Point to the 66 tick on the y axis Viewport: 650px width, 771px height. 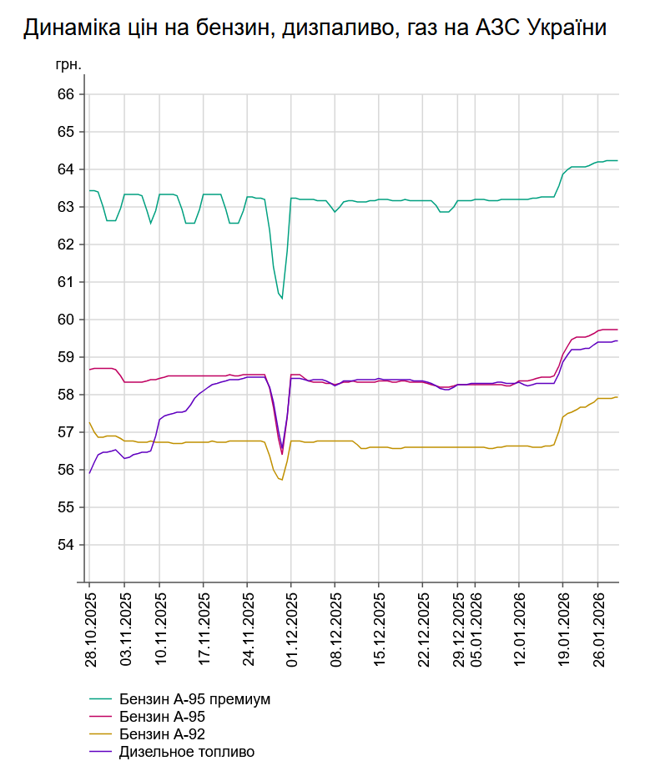[66, 94]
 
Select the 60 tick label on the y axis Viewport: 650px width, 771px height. [66, 320]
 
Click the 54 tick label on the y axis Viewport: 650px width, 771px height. [66, 545]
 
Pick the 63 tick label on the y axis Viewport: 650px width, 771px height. [66, 207]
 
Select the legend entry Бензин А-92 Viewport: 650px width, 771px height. [162, 734]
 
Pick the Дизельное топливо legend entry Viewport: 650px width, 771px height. [186, 752]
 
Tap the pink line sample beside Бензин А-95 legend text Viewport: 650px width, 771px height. [101, 717]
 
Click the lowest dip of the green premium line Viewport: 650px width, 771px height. [282, 298]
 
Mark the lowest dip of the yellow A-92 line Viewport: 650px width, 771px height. [282, 480]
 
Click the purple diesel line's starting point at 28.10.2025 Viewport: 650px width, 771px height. [90, 472]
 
